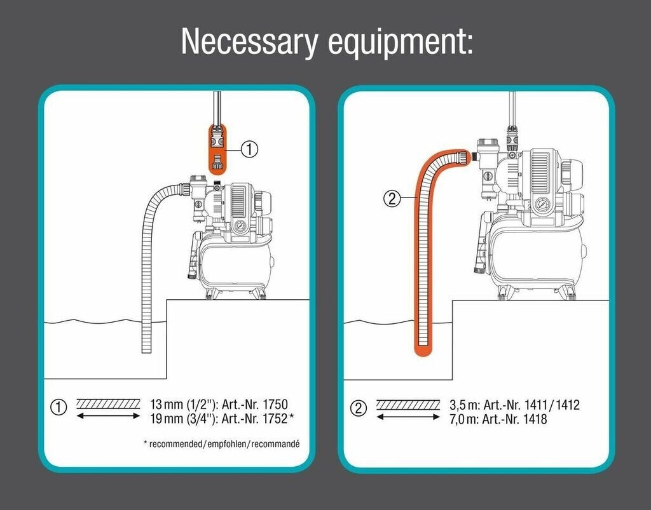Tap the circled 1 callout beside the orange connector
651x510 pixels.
(x=250, y=149)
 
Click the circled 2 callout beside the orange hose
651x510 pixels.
(x=391, y=199)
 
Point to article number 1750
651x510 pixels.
(x=276, y=404)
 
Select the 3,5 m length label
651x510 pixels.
(x=464, y=405)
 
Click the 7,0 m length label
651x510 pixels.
(x=464, y=419)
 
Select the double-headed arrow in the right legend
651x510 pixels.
(x=408, y=417)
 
